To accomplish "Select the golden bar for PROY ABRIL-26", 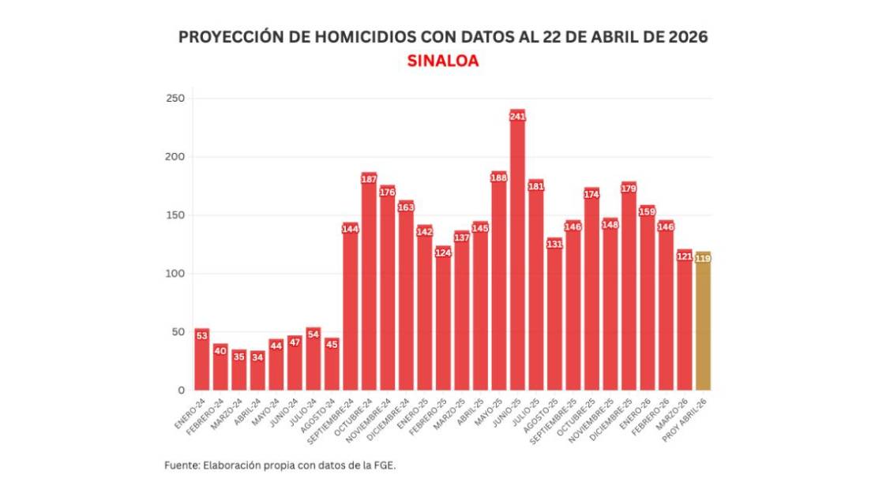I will click(x=703, y=323).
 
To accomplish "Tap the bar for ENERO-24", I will click(x=201, y=363).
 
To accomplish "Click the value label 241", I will click(x=517, y=117).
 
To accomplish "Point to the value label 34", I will click(x=257, y=357).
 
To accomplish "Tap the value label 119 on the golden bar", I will click(x=703, y=259).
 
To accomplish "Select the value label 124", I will click(x=443, y=253).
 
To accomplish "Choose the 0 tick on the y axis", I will click(x=181, y=390).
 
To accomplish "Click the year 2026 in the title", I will click(x=685, y=37).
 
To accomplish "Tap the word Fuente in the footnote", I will click(x=181, y=465).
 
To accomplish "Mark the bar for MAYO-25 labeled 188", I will click(x=498, y=284).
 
